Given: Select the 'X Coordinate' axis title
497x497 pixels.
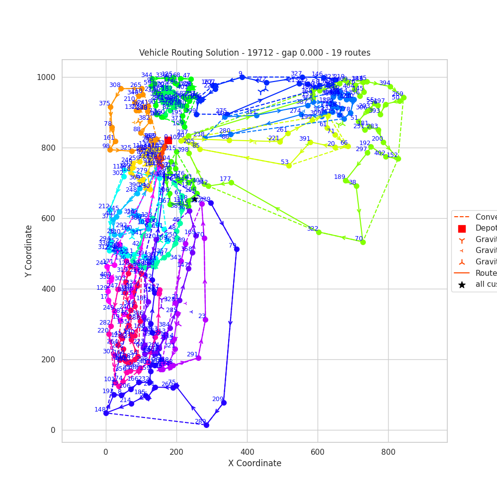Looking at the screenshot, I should click(x=254, y=463).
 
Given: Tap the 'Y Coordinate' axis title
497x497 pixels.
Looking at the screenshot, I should click(x=29, y=250).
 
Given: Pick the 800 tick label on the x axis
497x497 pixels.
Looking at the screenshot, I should click(x=388, y=452).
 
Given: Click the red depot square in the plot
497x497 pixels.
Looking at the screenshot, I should click(x=168, y=141).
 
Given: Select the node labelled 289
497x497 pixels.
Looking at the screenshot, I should click(x=206, y=425).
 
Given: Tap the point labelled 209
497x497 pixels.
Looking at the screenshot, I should click(x=224, y=403).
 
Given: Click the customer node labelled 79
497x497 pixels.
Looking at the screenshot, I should click(x=237, y=249).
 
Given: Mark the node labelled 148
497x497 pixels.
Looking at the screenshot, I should click(x=106, y=413).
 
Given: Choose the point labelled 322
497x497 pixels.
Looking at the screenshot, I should click(x=319, y=232).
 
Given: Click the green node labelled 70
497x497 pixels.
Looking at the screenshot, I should click(x=363, y=242).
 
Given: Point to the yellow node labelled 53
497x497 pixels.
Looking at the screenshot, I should click(x=289, y=166).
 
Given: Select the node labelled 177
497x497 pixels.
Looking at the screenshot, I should click(x=231, y=182).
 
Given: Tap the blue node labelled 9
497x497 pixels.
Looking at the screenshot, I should click(x=242, y=77).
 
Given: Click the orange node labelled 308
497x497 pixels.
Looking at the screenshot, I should click(x=120, y=88).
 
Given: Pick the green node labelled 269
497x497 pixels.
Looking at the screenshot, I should click(x=404, y=97).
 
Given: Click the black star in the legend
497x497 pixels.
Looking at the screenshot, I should click(x=462, y=285).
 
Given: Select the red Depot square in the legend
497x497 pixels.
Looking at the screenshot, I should click(x=462, y=229).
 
